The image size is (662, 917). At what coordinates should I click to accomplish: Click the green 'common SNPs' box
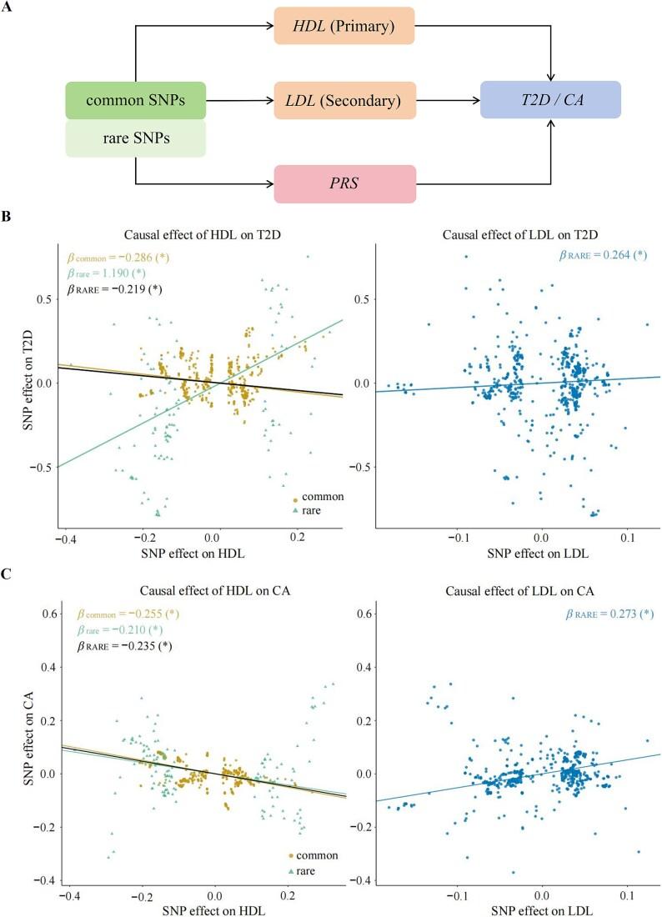134,100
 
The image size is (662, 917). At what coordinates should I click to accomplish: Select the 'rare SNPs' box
134,138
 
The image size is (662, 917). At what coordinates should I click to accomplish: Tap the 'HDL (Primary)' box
344,27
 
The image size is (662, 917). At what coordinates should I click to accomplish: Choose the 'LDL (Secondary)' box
344,100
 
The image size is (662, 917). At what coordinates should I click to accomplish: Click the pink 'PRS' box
344,183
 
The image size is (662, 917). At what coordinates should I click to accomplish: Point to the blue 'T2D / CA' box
550,100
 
